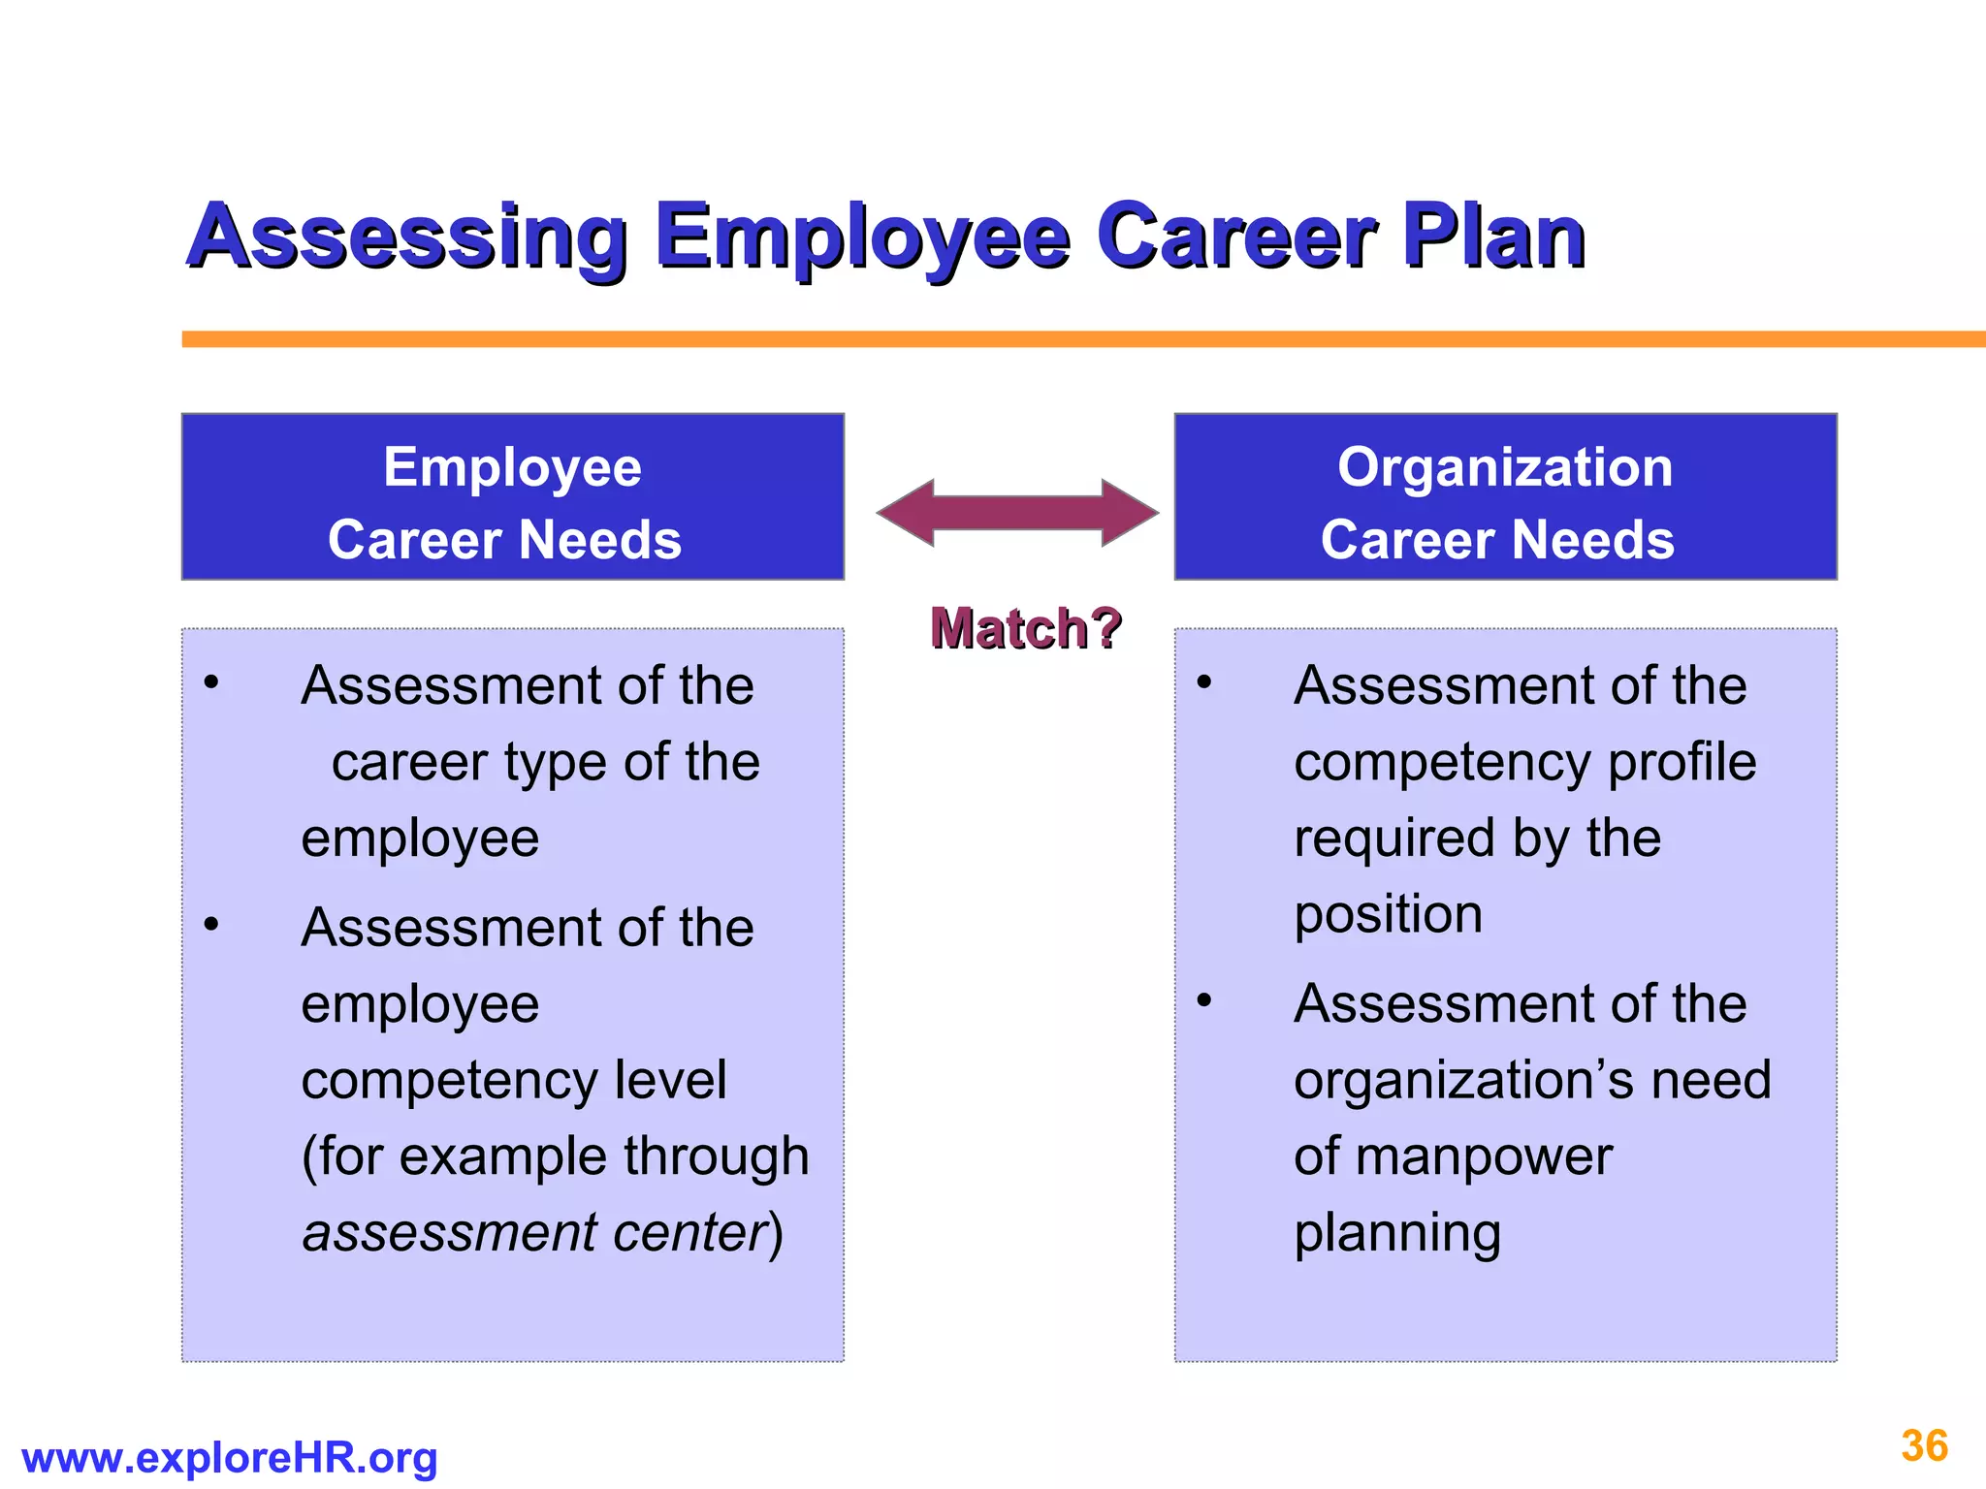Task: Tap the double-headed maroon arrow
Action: click(1017, 512)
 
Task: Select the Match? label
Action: click(1025, 628)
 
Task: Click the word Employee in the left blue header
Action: click(512, 467)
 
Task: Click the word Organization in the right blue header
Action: click(1505, 467)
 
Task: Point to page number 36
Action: click(1924, 1445)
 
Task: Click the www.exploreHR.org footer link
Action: click(229, 1457)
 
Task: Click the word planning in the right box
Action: click(1397, 1233)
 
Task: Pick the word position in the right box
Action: click(1388, 915)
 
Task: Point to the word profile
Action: click(1682, 762)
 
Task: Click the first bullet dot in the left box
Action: click(211, 682)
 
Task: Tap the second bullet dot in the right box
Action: click(1204, 999)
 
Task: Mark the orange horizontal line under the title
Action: click(1067, 338)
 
